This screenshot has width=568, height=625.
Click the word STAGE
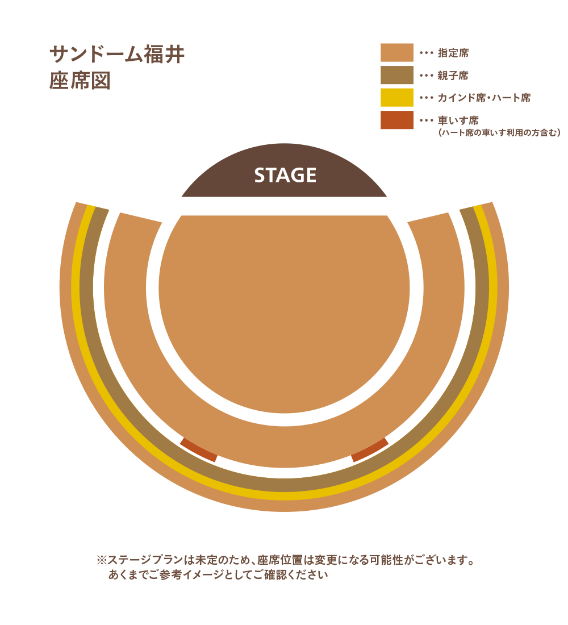285,176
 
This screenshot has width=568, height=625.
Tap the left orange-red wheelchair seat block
199,449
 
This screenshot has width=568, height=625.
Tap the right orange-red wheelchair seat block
370,449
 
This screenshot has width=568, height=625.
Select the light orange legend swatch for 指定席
396,53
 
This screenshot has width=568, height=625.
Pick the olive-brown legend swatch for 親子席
396,75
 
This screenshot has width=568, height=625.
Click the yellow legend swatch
396,98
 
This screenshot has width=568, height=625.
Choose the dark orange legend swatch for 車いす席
396,120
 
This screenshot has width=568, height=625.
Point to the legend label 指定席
453,53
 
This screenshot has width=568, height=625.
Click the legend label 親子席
453,76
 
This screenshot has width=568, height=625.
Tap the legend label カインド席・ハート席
483,98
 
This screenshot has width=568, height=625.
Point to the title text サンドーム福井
117,55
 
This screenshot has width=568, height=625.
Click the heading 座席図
80,81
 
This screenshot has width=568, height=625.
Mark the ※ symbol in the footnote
102,560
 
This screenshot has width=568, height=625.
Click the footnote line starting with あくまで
218,575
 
